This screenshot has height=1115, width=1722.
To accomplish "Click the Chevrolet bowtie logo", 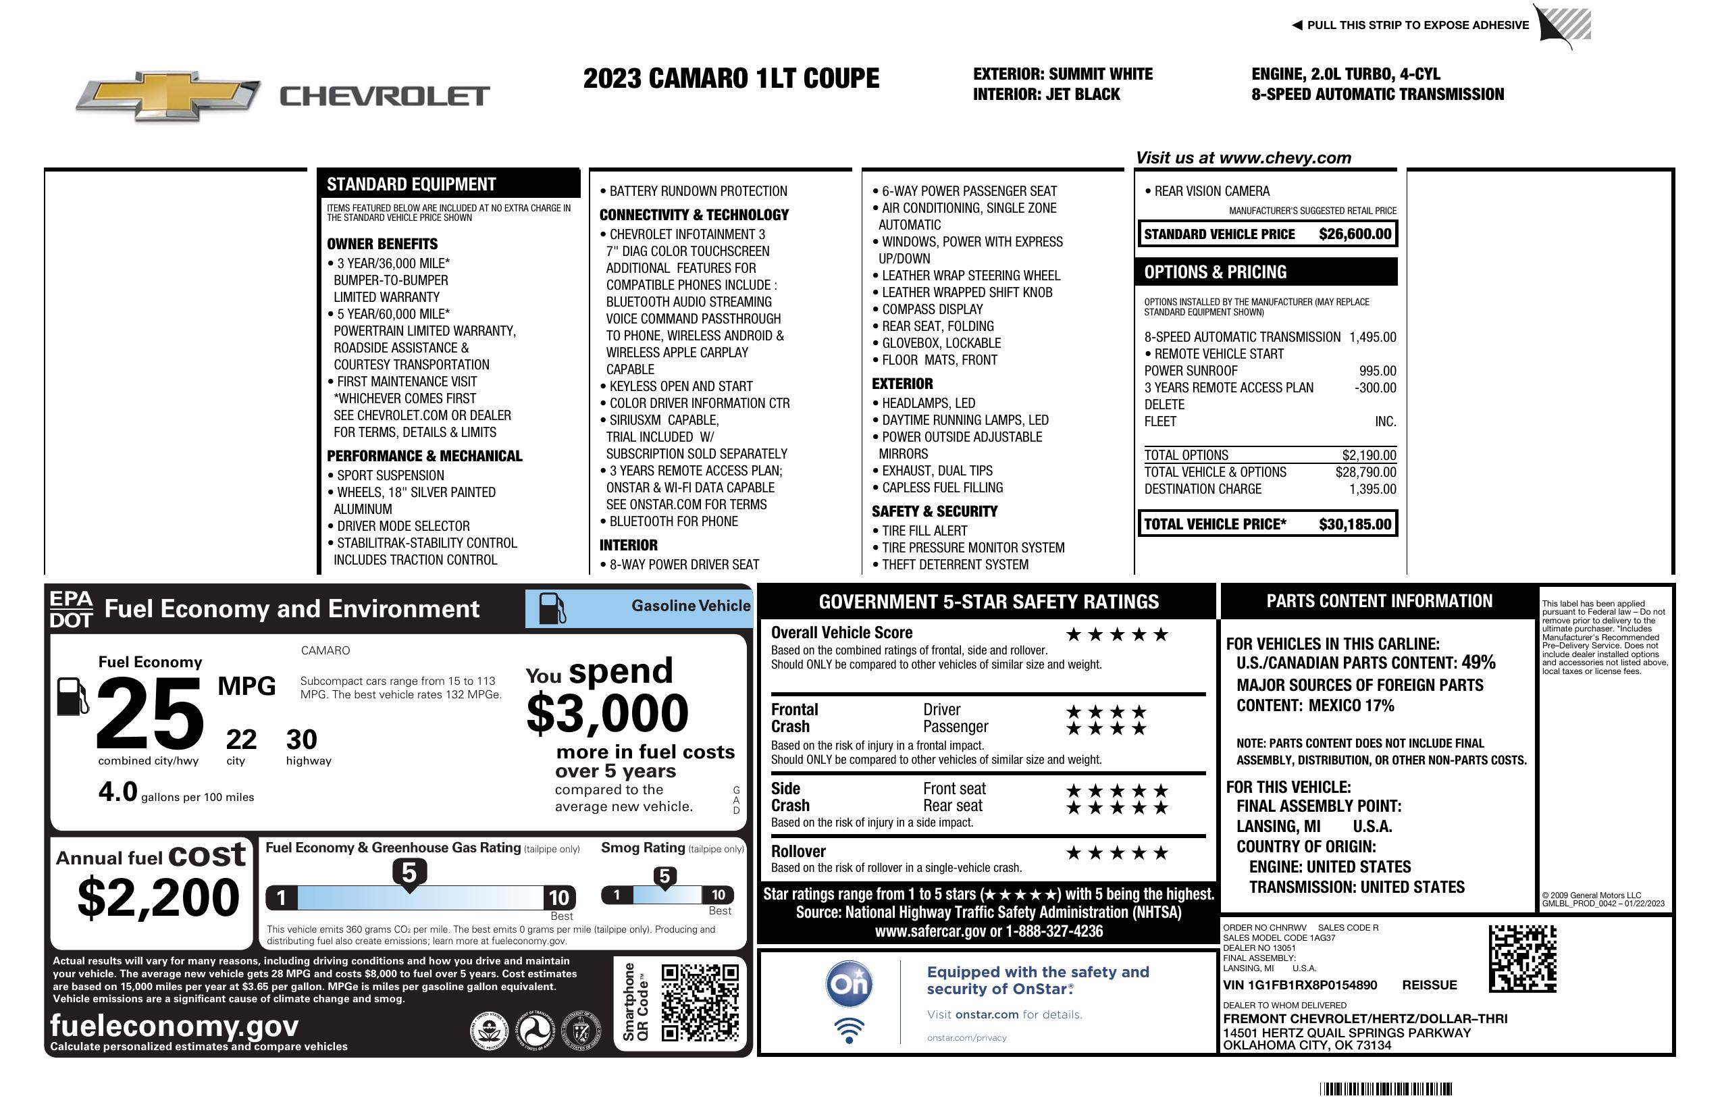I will [167, 95].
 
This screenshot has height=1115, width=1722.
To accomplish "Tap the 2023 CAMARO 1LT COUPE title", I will [731, 79].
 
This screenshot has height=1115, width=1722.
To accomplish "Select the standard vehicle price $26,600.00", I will [1355, 234].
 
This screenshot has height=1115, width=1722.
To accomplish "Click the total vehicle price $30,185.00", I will [1355, 525].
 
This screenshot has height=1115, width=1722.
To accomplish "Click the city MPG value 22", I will [241, 740].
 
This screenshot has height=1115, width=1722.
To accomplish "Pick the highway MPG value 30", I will [302, 740].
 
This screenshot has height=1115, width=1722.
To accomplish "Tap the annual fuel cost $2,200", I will [159, 898].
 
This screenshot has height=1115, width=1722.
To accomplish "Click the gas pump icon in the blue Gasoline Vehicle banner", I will [552, 608].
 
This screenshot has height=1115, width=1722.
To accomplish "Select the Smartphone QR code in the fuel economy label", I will [700, 1002].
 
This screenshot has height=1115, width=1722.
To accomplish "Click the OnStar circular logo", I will [849, 984].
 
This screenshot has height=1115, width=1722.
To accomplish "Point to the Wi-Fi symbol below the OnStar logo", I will [849, 1030].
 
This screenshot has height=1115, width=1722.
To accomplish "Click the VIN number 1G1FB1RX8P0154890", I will [1299, 985].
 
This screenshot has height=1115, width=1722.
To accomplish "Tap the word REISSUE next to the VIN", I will [1429, 985].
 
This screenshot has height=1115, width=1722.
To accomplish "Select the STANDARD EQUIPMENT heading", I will [411, 184].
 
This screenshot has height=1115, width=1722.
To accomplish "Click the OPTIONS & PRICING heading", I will [1216, 273].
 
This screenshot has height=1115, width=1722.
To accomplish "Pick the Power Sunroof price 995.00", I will [1377, 371].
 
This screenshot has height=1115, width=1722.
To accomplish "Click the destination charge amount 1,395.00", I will [1372, 489].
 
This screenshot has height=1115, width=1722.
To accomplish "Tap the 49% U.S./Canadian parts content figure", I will [1478, 663].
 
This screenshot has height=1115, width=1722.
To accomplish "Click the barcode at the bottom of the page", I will [1386, 1089].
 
